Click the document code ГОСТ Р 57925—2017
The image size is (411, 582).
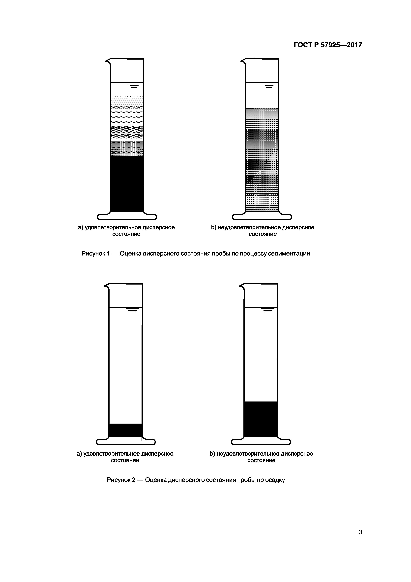pos(328,45)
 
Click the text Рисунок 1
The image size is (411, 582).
pos(95,254)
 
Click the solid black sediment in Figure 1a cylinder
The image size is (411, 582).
pos(127,184)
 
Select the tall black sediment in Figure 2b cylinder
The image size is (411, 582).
pos(261,419)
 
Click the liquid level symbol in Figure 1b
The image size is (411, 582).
pos(269,85)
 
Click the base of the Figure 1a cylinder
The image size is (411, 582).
pos(127,217)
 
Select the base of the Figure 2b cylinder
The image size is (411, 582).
pos(261,442)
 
